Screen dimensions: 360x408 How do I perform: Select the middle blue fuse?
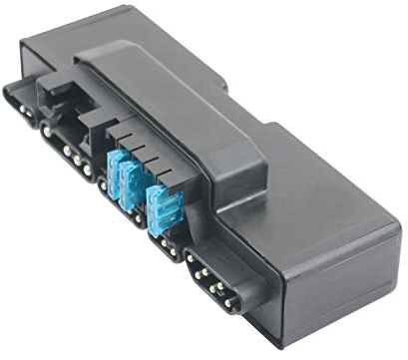[x=130, y=183]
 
